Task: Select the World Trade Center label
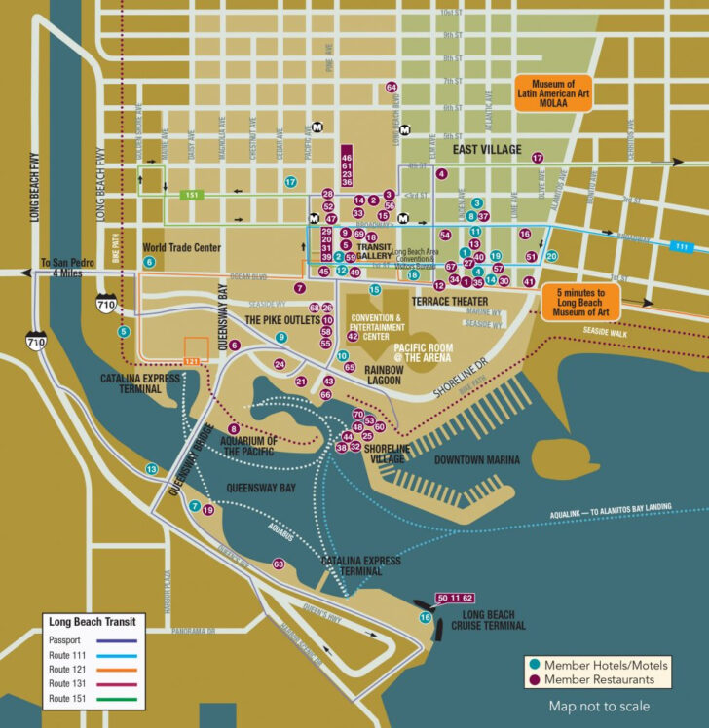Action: (182, 247)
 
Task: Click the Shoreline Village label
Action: (388, 453)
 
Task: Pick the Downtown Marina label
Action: (476, 458)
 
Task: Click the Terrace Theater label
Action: (449, 302)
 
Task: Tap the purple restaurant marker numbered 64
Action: (392, 87)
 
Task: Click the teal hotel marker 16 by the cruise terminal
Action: (425, 617)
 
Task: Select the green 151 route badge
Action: (193, 196)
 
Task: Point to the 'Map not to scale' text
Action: (598, 706)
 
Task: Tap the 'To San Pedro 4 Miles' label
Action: (64, 269)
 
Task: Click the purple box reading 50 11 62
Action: (454, 597)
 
